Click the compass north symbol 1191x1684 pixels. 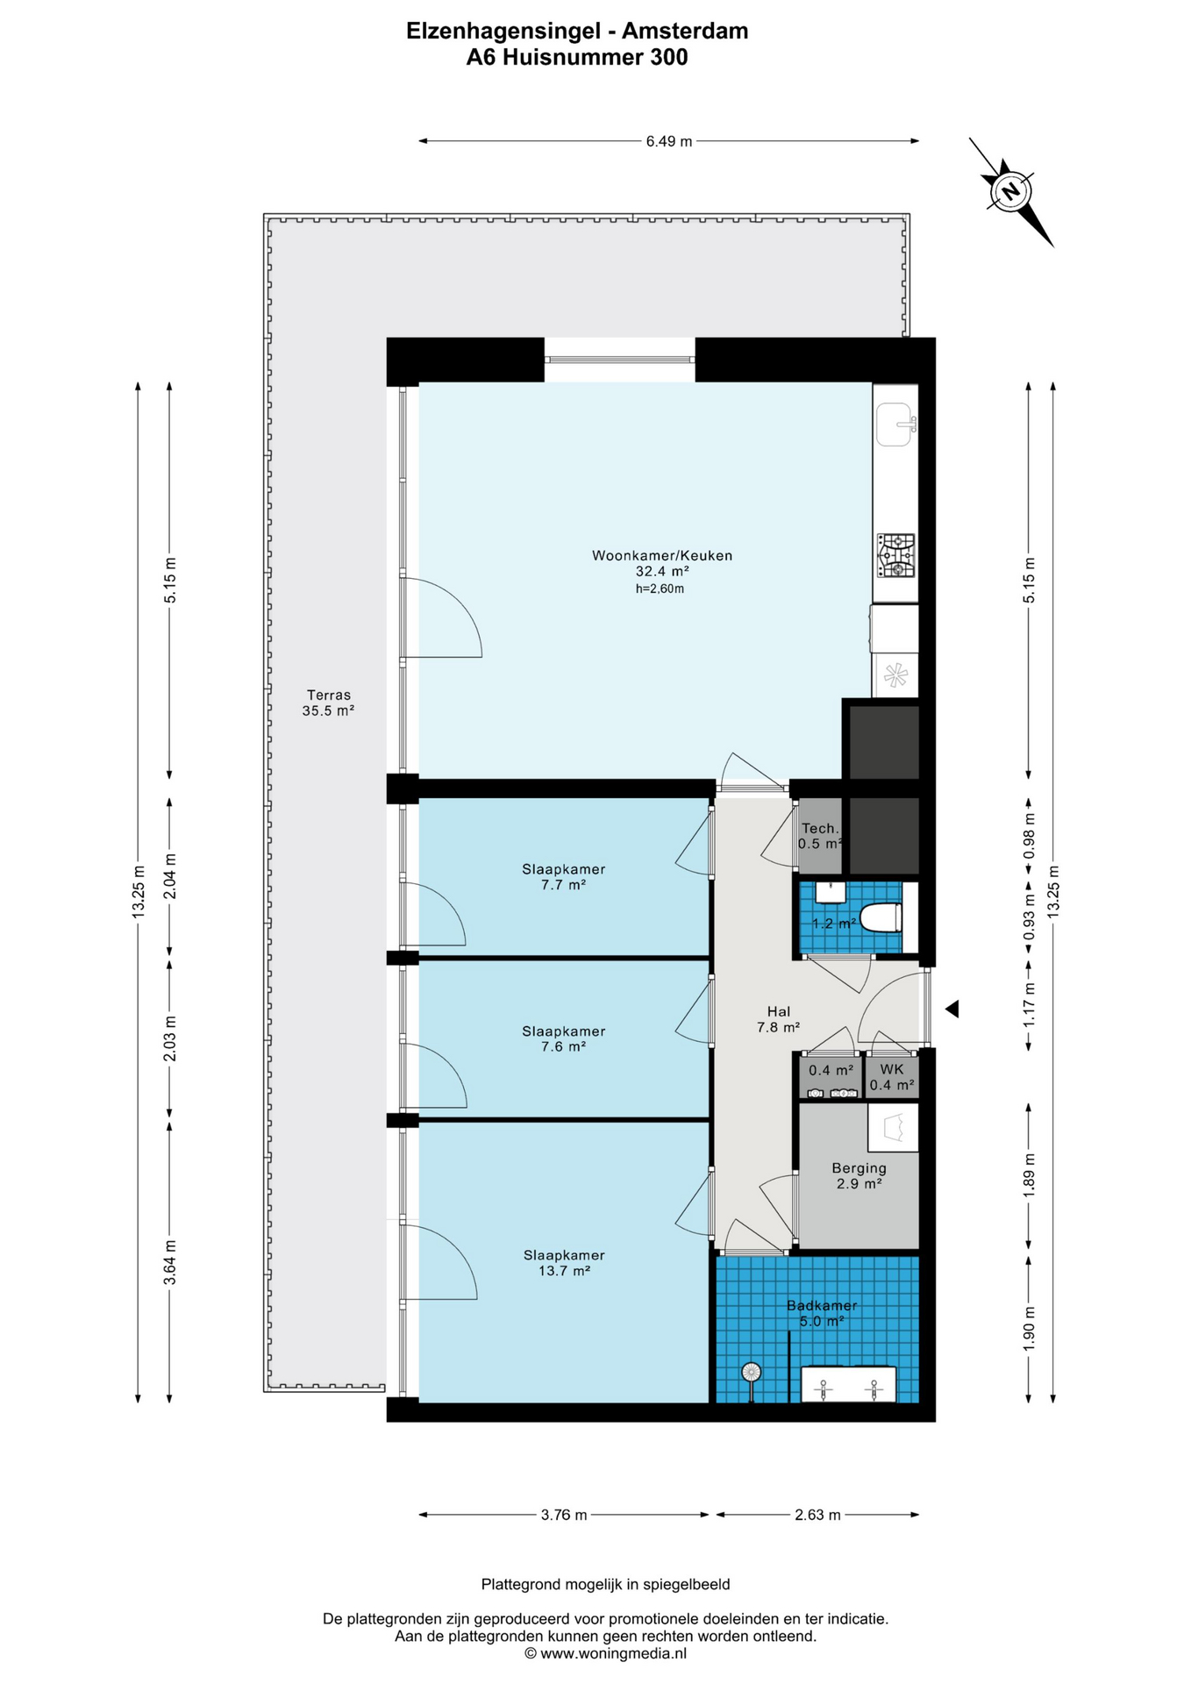coord(1010,191)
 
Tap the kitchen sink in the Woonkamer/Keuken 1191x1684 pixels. coord(895,425)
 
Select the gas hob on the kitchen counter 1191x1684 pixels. coord(895,555)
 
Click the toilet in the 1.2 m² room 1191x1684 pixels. coord(881,917)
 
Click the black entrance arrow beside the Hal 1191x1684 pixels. coord(952,1010)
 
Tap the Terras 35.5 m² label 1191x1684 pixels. coord(328,703)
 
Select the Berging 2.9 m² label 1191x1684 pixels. coord(859,1175)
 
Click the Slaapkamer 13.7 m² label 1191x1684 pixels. coord(564,1262)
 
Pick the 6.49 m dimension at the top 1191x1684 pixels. coord(669,141)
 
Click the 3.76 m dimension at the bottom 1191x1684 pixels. coord(564,1515)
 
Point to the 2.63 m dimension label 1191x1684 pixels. coord(817,1515)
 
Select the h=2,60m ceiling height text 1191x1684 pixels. coord(660,589)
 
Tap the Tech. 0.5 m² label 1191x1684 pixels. coord(821,836)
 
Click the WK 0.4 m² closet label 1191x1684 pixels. coord(892,1077)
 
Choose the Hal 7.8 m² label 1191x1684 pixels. coord(778,1019)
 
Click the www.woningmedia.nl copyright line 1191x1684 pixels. coord(605,1653)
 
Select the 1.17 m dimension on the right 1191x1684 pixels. coord(1030,1004)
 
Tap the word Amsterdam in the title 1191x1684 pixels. coord(685,32)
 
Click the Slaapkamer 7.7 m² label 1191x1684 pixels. coord(563,876)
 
